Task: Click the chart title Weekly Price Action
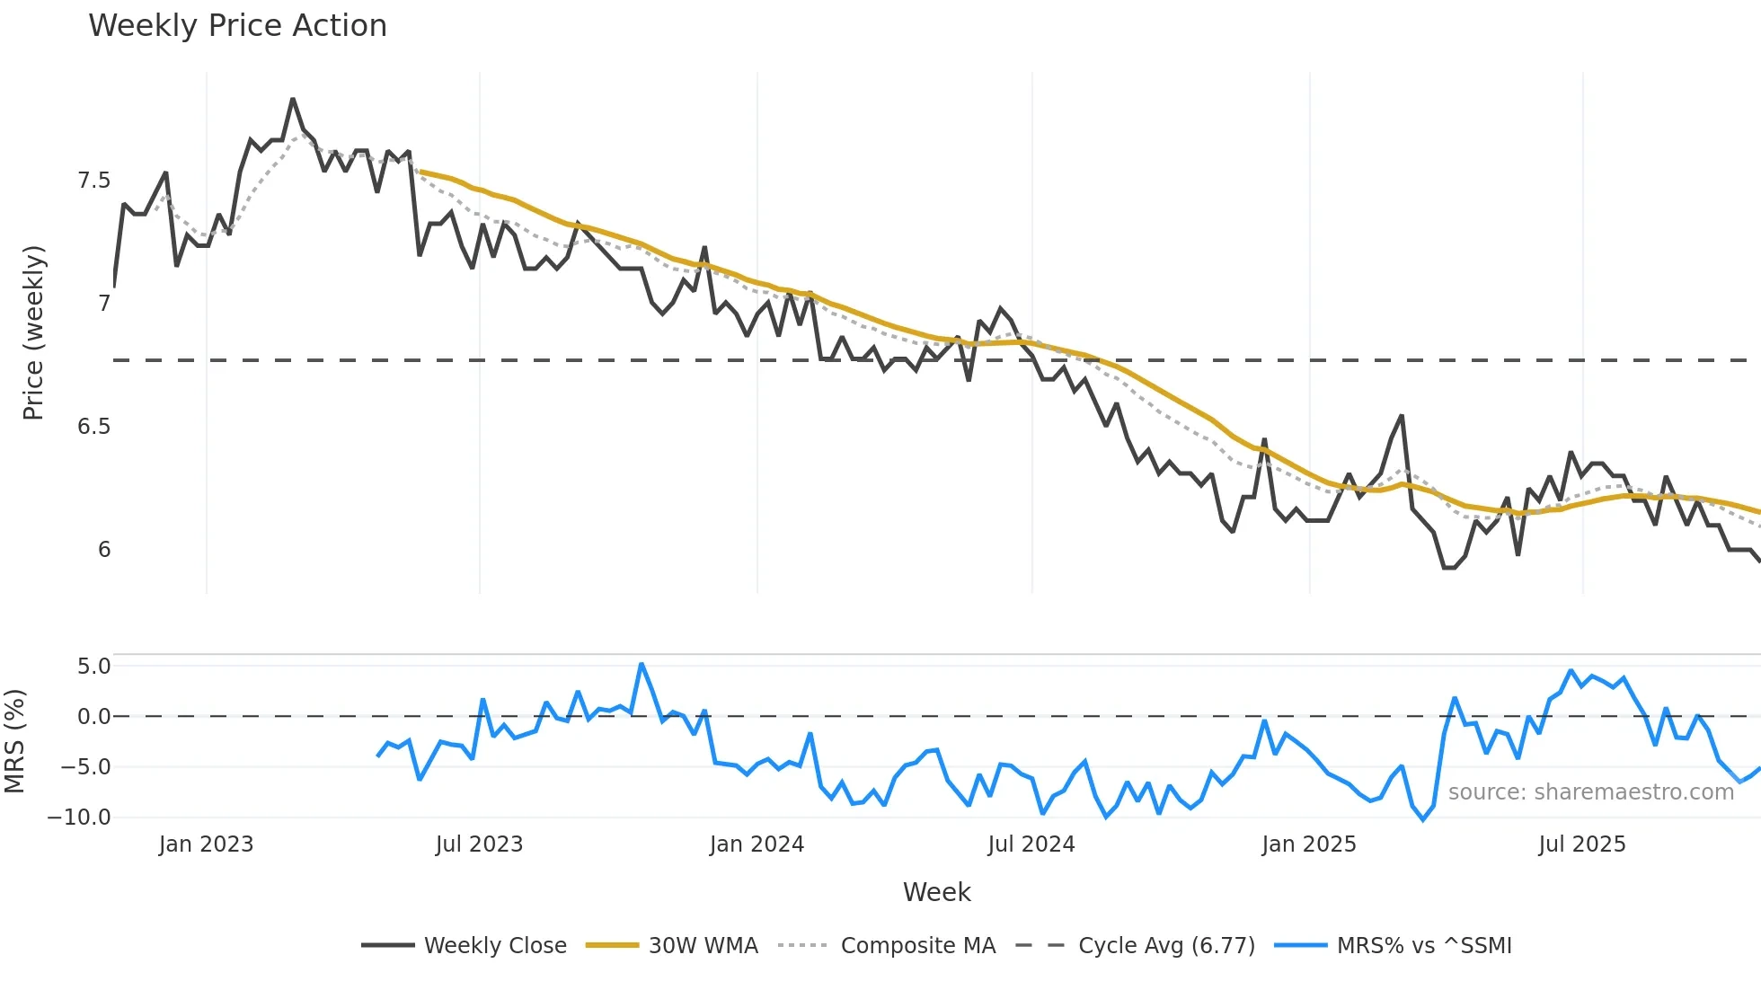coord(237,26)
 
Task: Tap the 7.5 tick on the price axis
coord(93,181)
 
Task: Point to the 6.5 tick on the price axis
coord(93,427)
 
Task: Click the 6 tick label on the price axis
coord(104,550)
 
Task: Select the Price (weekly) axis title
coord(33,332)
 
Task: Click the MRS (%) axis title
coord(15,741)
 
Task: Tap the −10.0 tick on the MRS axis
coord(79,818)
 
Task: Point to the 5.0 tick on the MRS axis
coord(93,667)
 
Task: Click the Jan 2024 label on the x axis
coord(757,844)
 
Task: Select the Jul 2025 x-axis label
coord(1581,844)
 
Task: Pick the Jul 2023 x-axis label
coord(479,844)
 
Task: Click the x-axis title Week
coord(936,892)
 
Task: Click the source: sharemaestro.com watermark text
coord(1590,792)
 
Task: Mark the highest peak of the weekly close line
coord(293,100)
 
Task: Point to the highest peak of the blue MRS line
coord(641,665)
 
